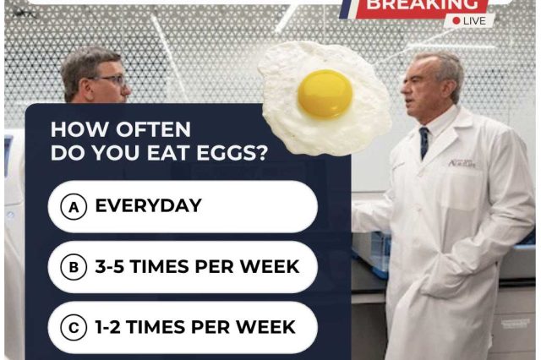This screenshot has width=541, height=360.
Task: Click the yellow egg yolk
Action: (x=325, y=94)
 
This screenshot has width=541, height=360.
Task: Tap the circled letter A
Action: (x=74, y=206)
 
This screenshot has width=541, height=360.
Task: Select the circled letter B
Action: (x=74, y=267)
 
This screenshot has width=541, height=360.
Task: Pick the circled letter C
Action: (x=74, y=327)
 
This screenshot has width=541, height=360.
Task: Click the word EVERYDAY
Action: (x=149, y=205)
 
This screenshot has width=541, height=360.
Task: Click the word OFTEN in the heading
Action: (x=153, y=129)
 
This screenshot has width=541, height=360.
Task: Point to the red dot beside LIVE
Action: (x=456, y=21)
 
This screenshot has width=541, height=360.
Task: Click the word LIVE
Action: (x=474, y=21)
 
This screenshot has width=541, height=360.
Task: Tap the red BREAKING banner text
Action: (x=422, y=5)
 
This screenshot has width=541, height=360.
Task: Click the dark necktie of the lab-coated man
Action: (x=424, y=143)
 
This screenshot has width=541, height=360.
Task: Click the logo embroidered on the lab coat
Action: (x=462, y=163)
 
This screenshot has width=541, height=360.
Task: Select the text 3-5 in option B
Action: (x=109, y=266)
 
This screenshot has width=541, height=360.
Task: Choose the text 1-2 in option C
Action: (x=107, y=327)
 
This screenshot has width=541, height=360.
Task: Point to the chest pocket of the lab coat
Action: (x=463, y=188)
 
